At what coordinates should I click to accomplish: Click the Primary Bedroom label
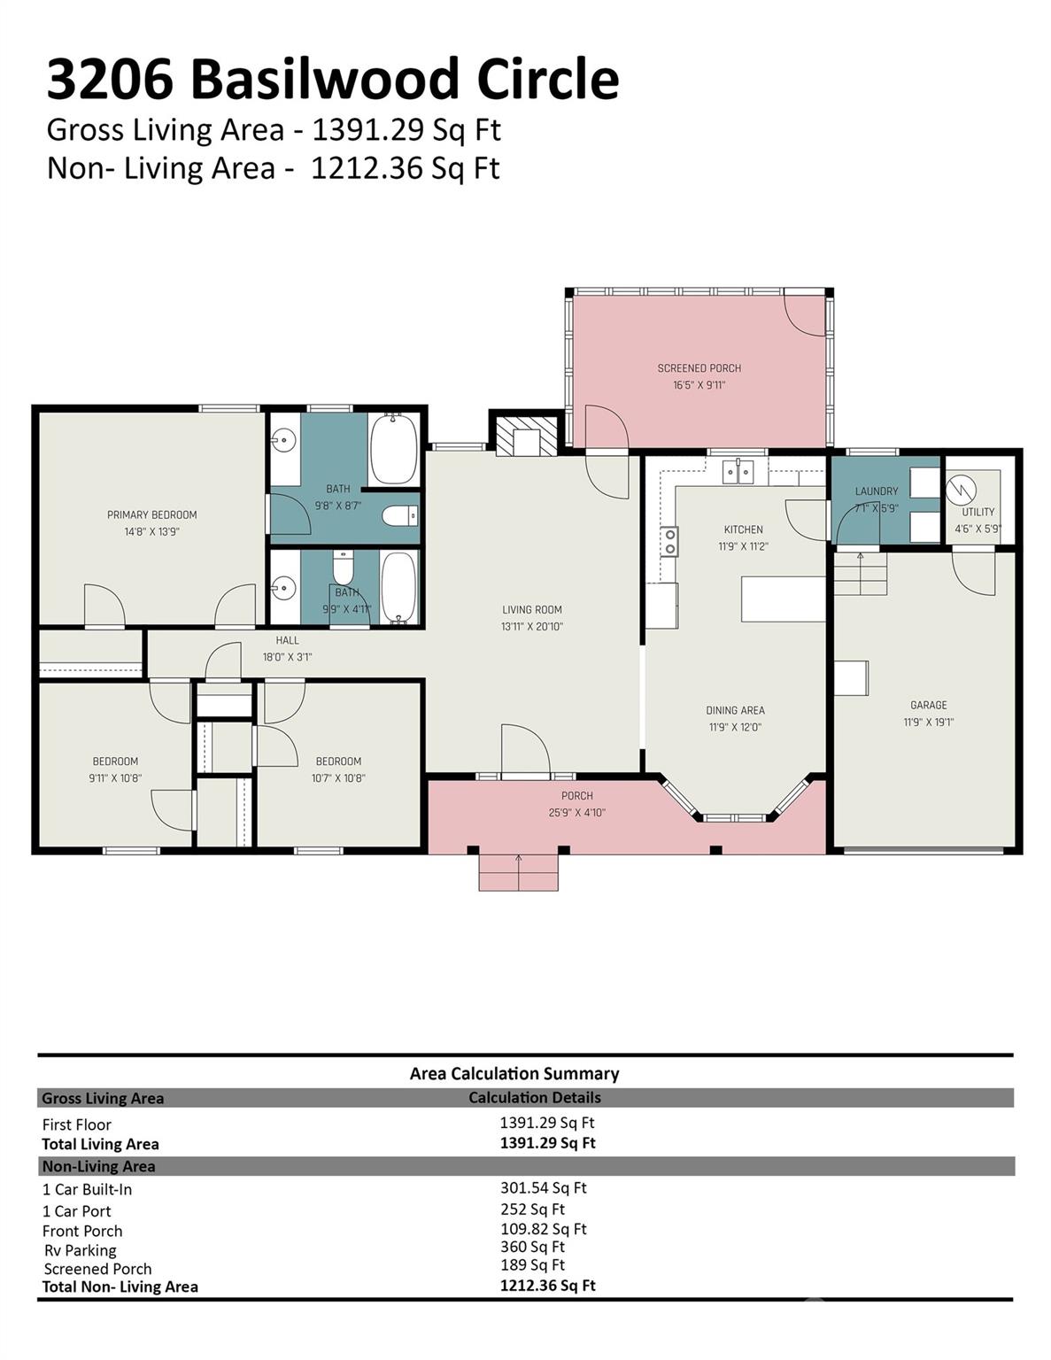(151, 514)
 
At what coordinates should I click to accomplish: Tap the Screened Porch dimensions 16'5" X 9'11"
(699, 385)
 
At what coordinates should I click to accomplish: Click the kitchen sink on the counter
(738, 472)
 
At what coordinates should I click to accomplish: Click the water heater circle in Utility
(961, 489)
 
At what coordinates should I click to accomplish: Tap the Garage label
(928, 705)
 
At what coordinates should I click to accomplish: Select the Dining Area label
(735, 710)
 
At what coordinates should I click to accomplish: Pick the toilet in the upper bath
(399, 515)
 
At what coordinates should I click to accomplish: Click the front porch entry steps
(518, 872)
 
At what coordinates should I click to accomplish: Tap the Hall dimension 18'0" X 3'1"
(287, 657)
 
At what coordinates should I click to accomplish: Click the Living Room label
(531, 609)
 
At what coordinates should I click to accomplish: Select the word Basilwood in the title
(325, 79)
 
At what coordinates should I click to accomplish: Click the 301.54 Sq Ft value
(543, 1188)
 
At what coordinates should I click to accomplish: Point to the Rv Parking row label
(80, 1250)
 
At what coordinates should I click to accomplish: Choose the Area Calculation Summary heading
(514, 1073)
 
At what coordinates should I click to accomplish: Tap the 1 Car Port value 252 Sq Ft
(532, 1209)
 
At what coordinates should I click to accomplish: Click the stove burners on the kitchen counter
(670, 541)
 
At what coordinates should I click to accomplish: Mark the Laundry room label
(876, 491)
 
